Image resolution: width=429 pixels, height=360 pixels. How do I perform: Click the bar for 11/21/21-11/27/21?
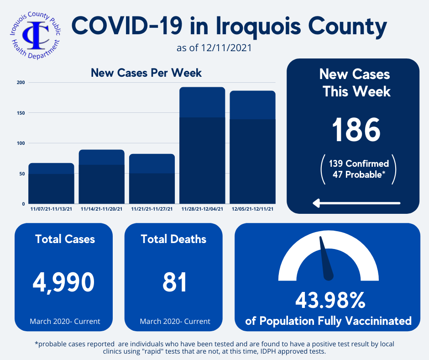(x=152, y=179)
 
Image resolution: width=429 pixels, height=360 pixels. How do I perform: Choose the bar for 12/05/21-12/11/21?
(x=252, y=147)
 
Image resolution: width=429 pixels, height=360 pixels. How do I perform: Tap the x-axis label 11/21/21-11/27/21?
(x=152, y=209)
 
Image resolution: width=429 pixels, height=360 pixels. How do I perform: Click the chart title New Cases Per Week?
(x=146, y=73)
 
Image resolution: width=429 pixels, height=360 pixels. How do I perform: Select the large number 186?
(x=356, y=129)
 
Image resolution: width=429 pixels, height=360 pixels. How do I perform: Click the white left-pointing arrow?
(x=356, y=203)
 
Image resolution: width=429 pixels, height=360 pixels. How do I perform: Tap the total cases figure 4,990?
(x=64, y=282)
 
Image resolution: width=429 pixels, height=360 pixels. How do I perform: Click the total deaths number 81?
(x=175, y=282)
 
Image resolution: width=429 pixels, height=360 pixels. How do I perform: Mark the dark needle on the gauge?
(x=326, y=259)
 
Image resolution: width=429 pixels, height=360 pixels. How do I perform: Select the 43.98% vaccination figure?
(x=330, y=300)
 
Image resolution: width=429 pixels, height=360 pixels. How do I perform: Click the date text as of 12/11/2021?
(x=214, y=48)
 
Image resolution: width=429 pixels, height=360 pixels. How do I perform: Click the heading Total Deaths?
(x=173, y=239)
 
